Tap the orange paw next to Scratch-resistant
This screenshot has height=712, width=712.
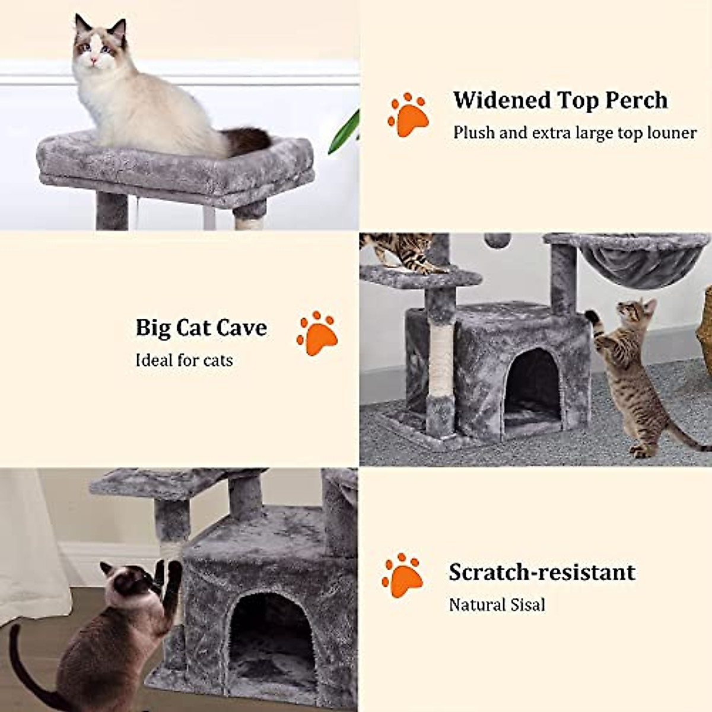[x=402, y=575]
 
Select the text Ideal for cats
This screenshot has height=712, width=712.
[x=184, y=360]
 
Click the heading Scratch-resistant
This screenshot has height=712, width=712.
[x=542, y=573]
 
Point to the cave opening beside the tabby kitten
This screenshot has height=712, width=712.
[x=532, y=386]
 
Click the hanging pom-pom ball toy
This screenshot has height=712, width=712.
[x=497, y=240]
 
